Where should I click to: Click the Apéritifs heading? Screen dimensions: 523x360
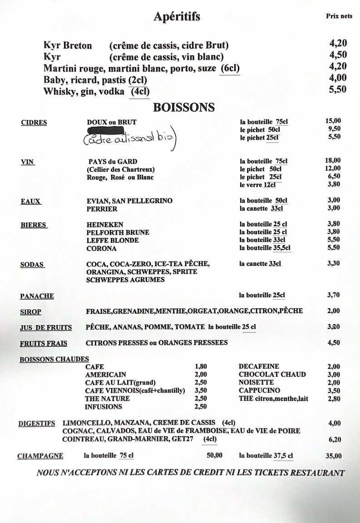pyautogui.click(x=177, y=17)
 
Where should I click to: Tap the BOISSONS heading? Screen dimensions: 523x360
pyautogui.click(x=184, y=108)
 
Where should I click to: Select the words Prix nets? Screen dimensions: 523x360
pyautogui.click(x=339, y=16)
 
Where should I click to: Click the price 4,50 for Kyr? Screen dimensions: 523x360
pyautogui.click(x=338, y=55)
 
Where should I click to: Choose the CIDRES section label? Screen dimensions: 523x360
pyautogui.click(x=34, y=123)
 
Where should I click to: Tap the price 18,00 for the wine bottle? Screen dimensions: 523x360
pyautogui.click(x=333, y=160)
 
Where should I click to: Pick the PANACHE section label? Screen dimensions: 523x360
pyautogui.click(x=37, y=296)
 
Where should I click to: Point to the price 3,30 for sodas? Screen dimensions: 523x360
pyautogui.click(x=333, y=263)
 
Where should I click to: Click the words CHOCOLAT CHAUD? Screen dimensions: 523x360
pyautogui.click(x=272, y=375)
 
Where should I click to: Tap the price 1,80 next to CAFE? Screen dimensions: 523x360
pyautogui.click(x=201, y=366)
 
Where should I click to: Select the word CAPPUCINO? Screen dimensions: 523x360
pyautogui.click(x=260, y=390)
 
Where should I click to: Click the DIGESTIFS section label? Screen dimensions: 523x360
pyautogui.click(x=37, y=424)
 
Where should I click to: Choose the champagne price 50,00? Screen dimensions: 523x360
pyautogui.click(x=214, y=456)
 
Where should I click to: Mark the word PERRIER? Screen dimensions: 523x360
pyautogui.click(x=102, y=209)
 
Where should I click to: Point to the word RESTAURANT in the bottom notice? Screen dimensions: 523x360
pyautogui.click(x=317, y=473)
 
